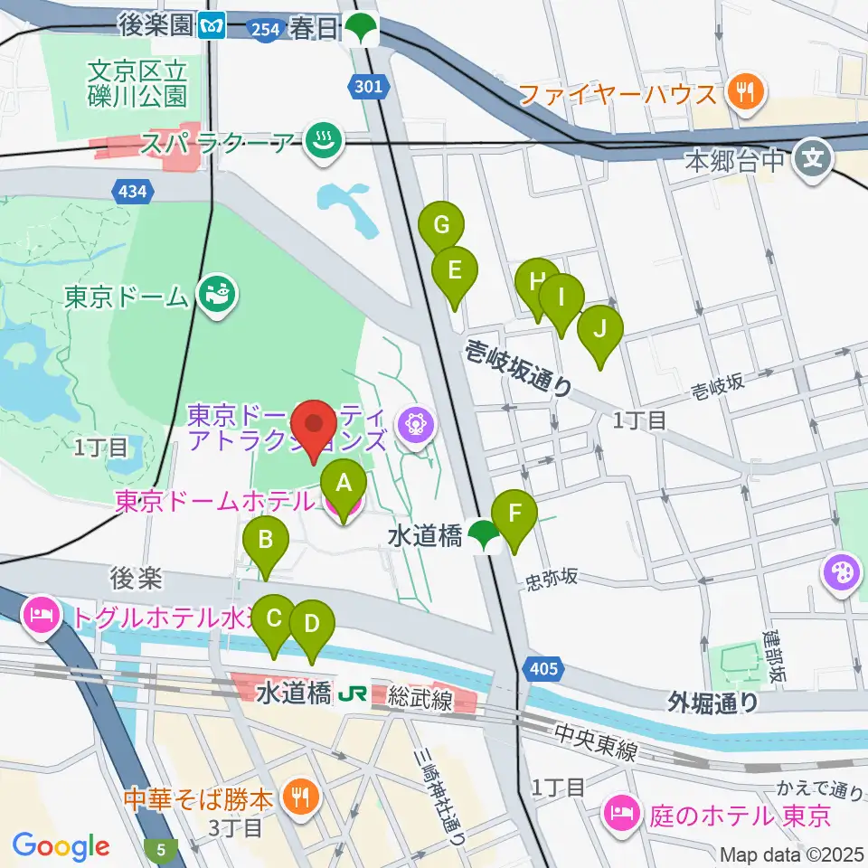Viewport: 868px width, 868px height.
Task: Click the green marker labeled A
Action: [344, 483]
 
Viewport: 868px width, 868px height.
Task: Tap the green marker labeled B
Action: [266, 542]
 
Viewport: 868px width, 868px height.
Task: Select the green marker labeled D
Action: [311, 624]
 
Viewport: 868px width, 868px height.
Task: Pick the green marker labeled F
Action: [515, 515]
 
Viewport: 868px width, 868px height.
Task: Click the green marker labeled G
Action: [441, 226]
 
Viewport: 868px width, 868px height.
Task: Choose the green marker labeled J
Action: [599, 329]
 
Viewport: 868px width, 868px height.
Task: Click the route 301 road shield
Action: [376, 88]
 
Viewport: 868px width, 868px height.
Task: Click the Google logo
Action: [61, 846]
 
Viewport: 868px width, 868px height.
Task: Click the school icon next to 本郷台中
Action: [812, 162]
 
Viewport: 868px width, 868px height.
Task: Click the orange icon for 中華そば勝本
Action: [297, 797]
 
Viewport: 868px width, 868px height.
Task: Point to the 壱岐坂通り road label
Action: [520, 368]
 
